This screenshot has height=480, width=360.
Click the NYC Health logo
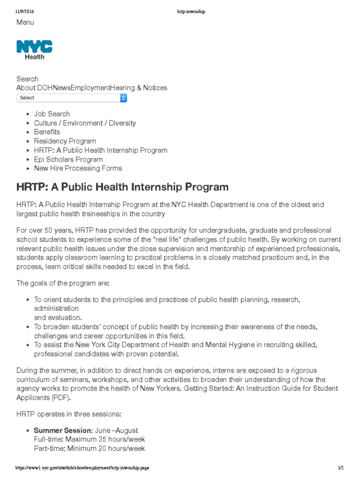click(34, 50)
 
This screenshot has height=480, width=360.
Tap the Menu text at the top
click(25, 22)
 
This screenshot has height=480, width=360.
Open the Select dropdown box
click(72, 98)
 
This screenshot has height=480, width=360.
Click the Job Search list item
click(52, 114)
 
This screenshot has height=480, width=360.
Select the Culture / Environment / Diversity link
click(85, 123)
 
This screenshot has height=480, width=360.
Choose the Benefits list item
click(47, 132)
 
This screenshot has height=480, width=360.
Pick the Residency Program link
click(65, 141)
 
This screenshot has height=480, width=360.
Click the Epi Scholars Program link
click(68, 159)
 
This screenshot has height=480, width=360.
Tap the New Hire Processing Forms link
click(78, 168)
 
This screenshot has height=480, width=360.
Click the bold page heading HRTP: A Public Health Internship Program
click(122, 187)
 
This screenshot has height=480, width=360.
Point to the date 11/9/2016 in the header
click(25, 11)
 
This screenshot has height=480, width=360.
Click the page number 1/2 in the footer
click(341, 468)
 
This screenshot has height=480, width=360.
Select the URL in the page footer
click(82, 468)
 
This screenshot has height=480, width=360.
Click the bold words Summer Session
click(63, 430)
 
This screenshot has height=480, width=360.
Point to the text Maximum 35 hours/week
click(105, 440)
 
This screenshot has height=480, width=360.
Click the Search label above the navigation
click(27, 79)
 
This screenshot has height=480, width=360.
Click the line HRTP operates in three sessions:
click(69, 415)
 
